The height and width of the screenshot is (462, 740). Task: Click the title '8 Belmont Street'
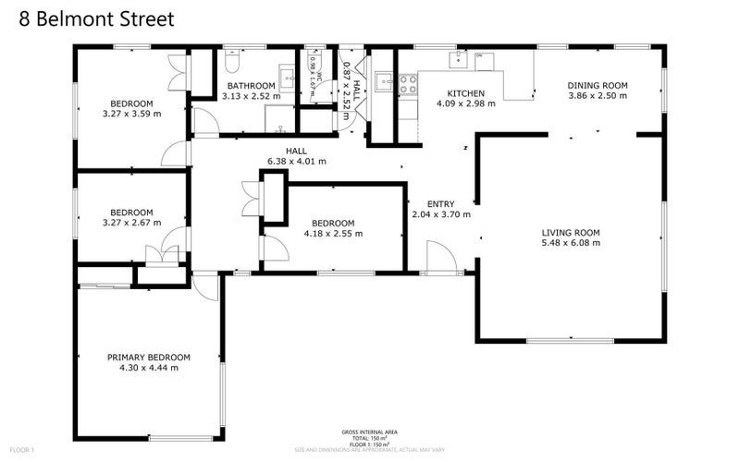(x=91, y=18)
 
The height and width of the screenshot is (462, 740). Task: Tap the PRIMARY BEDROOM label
(x=148, y=358)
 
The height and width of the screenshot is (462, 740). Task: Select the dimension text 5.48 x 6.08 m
(x=571, y=244)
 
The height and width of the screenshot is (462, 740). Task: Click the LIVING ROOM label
(x=571, y=233)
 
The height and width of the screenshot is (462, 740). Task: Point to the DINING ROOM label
(x=597, y=86)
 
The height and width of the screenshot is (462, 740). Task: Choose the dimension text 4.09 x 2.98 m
(x=466, y=103)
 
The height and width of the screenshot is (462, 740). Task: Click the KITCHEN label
(x=466, y=93)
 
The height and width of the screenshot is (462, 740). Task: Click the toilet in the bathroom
(x=231, y=61)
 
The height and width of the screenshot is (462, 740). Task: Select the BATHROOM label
(x=253, y=86)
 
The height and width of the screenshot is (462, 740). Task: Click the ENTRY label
(x=440, y=204)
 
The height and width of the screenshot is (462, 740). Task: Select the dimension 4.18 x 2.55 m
(x=332, y=234)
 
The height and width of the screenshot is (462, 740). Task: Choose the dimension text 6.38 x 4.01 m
(x=296, y=162)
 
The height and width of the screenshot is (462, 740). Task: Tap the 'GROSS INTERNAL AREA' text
(x=370, y=432)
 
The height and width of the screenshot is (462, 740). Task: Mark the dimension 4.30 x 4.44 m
(x=148, y=368)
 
